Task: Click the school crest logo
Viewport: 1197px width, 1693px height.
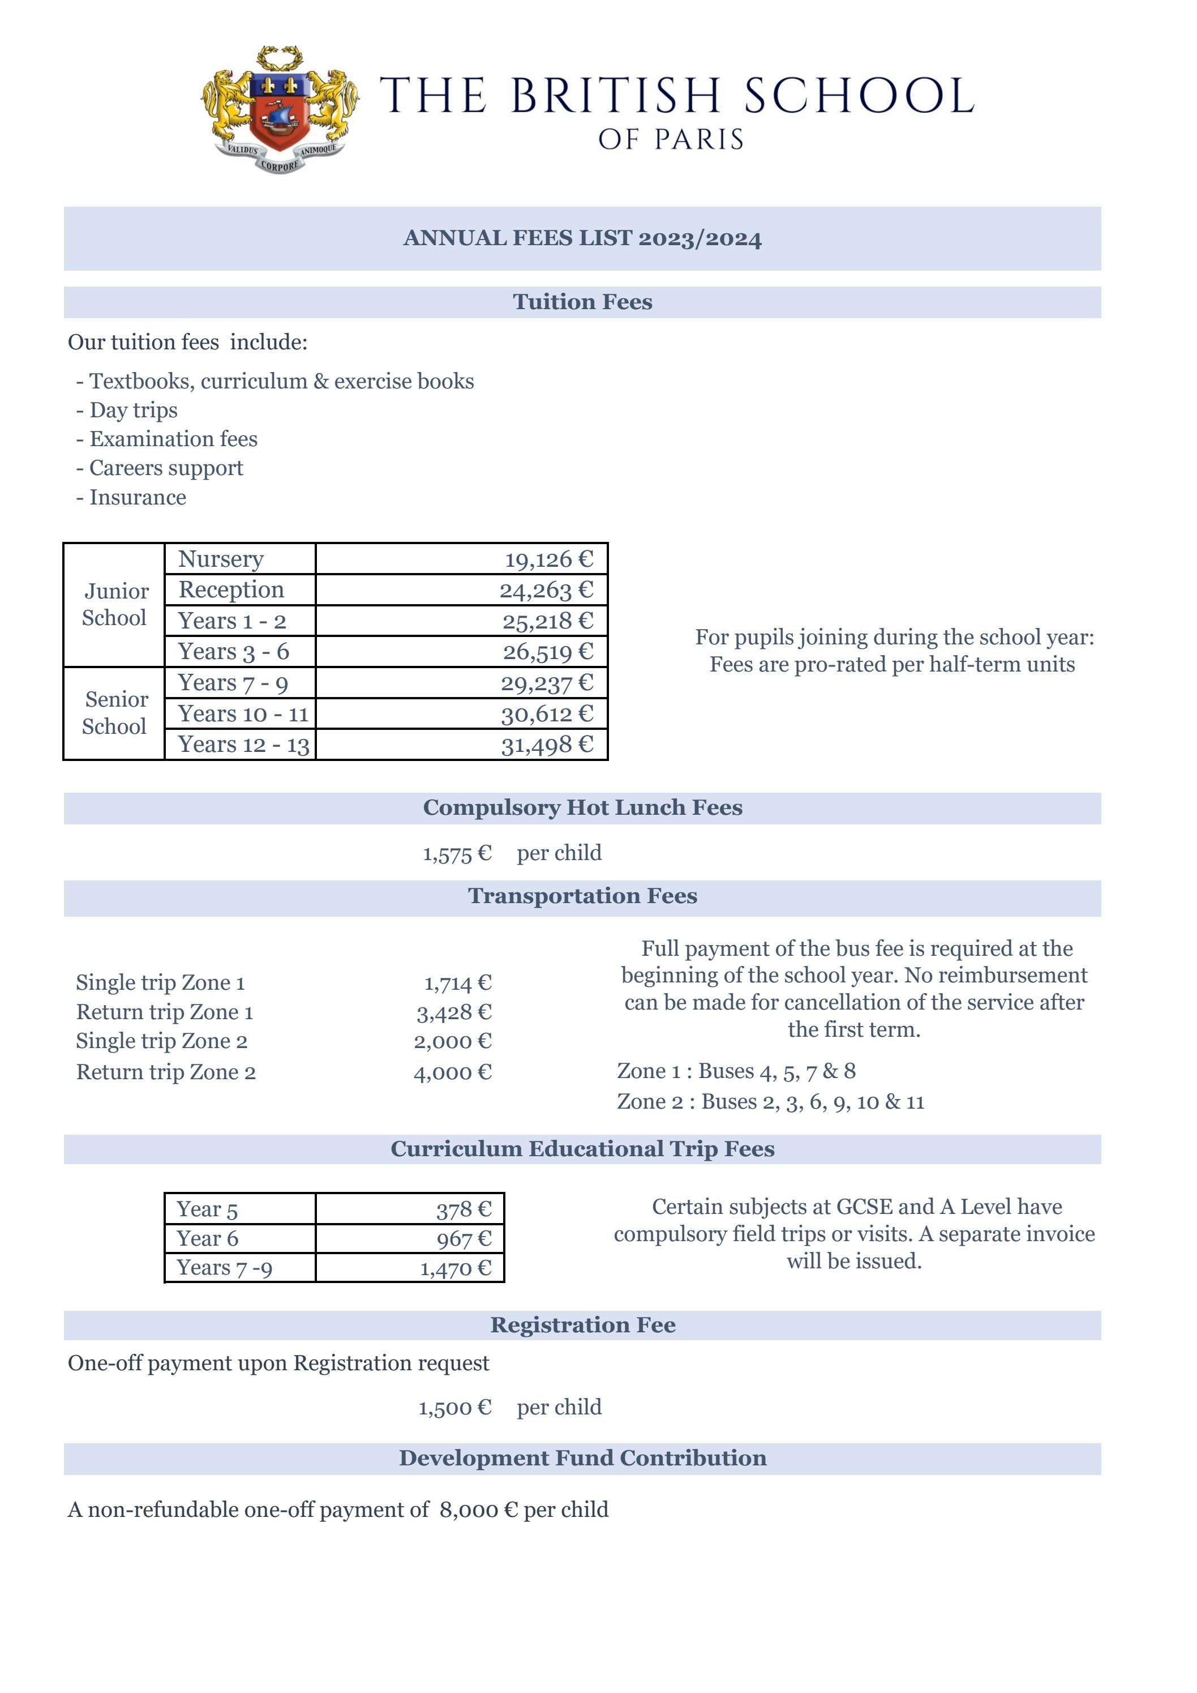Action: [x=280, y=109]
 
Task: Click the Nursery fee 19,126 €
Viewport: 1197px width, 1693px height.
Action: [x=548, y=559]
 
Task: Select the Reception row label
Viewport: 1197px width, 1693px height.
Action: [x=231, y=590]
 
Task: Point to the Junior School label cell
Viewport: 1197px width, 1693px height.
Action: [x=114, y=605]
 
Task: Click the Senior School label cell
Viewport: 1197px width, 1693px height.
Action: [x=114, y=713]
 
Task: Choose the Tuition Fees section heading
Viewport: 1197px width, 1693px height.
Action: [x=582, y=302]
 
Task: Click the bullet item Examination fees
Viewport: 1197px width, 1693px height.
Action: [x=173, y=439]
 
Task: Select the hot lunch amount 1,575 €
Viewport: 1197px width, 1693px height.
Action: [x=457, y=854]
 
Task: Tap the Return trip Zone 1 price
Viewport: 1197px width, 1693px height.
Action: [x=454, y=1012]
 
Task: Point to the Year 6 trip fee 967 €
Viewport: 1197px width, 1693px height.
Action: [x=464, y=1239]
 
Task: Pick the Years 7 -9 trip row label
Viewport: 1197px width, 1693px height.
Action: [x=224, y=1268]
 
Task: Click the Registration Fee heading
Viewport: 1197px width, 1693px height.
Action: [x=582, y=1325]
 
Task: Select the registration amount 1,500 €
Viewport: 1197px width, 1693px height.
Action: [x=455, y=1408]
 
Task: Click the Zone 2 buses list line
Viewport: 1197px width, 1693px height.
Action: [x=770, y=1102]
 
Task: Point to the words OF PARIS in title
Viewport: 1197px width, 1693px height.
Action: [x=671, y=139]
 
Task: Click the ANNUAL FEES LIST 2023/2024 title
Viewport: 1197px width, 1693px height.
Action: [x=582, y=238]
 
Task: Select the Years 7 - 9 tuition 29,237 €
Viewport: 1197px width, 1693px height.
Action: [x=547, y=683]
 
